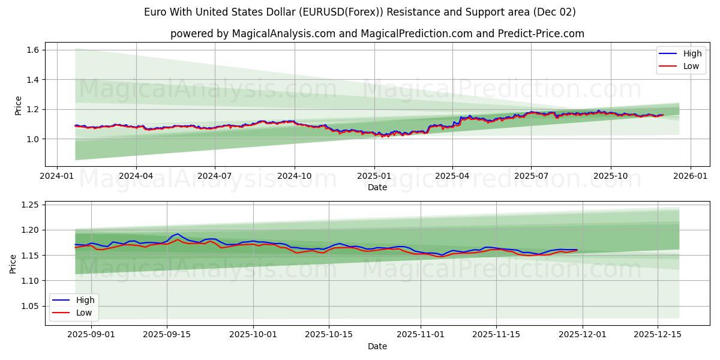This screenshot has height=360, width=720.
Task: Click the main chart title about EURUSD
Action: [360, 12]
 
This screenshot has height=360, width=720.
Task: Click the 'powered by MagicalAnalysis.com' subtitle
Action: [377, 34]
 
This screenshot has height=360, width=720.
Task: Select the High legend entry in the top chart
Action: [692, 53]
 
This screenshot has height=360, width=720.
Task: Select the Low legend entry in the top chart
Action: [691, 66]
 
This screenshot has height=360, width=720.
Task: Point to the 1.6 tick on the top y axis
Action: [32, 50]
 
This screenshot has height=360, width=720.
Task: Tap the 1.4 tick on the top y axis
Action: [32, 80]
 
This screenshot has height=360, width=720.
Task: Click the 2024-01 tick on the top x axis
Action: [57, 176]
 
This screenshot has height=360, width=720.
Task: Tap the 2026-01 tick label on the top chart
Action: [690, 176]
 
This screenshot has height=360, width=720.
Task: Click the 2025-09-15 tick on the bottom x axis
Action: [166, 335]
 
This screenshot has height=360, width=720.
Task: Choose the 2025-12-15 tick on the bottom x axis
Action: [658, 335]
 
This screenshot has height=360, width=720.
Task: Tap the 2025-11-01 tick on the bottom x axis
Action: [420, 335]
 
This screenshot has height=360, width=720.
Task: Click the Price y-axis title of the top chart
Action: [18, 106]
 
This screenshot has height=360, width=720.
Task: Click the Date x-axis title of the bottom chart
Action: [377, 346]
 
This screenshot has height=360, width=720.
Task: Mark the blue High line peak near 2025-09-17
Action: [178, 234]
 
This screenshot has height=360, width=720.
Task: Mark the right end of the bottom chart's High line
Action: [577, 250]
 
